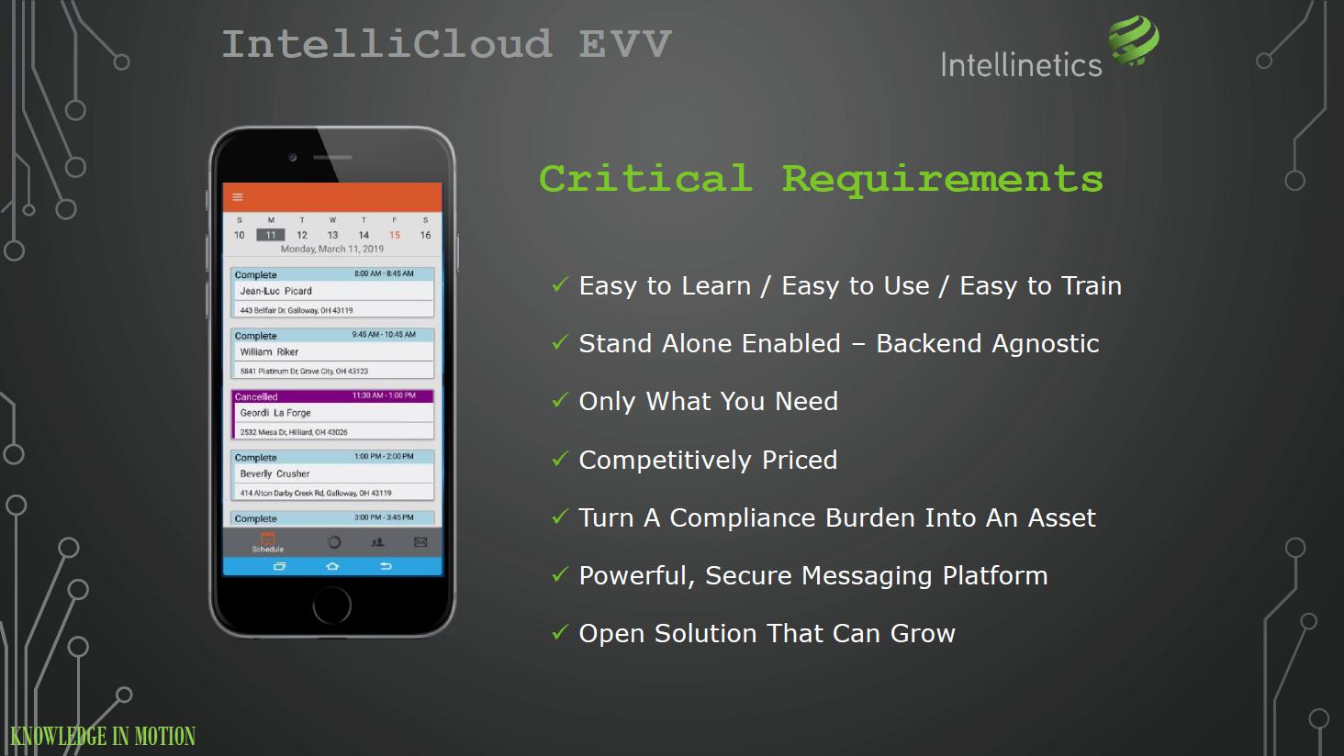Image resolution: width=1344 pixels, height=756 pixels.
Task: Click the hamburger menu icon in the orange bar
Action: [238, 196]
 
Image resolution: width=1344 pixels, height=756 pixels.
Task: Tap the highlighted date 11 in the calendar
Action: [271, 235]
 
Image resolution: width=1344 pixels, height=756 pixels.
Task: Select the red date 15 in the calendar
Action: [394, 235]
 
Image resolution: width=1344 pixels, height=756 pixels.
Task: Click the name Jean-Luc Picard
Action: [276, 291]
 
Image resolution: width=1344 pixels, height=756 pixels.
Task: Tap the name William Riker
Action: [269, 352]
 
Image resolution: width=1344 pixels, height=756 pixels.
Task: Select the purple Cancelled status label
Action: [256, 397]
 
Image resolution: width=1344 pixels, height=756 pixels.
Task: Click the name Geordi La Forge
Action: [275, 413]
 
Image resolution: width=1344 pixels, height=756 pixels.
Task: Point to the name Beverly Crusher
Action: [274, 473]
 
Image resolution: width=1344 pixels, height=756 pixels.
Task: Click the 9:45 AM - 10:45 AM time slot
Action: [384, 335]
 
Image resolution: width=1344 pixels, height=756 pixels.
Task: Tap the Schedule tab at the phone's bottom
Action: [267, 543]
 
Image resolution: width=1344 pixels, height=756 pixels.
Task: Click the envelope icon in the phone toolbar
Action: [420, 542]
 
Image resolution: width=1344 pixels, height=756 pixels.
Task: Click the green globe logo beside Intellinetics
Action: [1134, 40]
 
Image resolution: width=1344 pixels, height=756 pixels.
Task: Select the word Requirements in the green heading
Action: [942, 179]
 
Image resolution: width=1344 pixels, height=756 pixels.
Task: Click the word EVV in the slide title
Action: [624, 44]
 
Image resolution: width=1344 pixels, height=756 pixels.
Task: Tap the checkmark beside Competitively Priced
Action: [559, 460]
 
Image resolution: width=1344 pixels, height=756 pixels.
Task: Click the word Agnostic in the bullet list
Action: [1046, 344]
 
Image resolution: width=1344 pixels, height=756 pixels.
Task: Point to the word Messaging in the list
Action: [867, 576]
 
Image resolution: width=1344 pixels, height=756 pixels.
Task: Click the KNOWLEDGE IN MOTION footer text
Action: [103, 736]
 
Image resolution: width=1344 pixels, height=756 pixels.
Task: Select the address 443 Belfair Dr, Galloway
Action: [297, 310]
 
